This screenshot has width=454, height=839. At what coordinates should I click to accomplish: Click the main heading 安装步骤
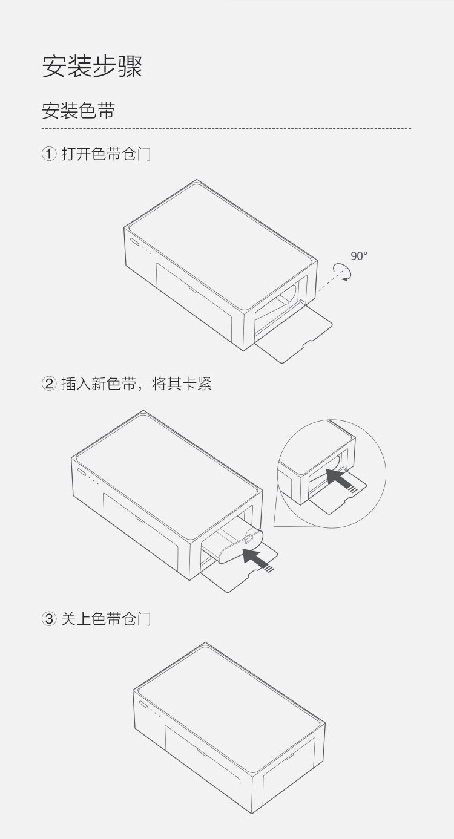(x=92, y=67)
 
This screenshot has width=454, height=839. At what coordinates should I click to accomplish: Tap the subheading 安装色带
(x=78, y=111)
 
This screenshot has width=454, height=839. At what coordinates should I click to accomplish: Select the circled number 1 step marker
(x=49, y=154)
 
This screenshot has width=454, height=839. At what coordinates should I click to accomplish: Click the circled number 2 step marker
(x=49, y=384)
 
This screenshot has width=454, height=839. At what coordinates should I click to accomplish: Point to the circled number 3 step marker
(x=49, y=619)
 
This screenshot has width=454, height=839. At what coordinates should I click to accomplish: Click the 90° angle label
(x=359, y=256)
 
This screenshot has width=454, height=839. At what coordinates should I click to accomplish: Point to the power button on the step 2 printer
(x=82, y=472)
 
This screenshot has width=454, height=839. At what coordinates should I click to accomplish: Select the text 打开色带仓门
(x=106, y=154)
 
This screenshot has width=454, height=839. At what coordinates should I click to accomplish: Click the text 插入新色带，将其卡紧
(x=136, y=384)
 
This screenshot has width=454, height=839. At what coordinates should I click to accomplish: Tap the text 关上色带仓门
(x=106, y=619)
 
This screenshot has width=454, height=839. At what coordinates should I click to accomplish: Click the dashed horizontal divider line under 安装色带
(x=226, y=129)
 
